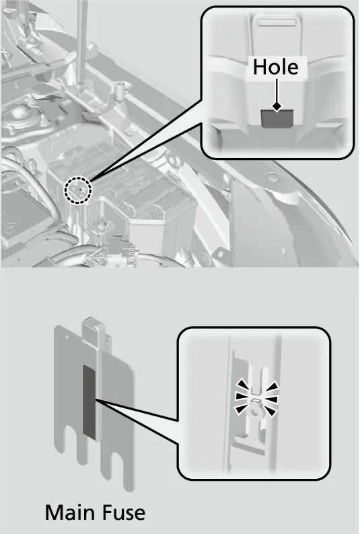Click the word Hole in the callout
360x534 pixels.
click(x=275, y=67)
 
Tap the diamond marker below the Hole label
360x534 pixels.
click(x=277, y=106)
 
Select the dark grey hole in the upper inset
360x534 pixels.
click(x=277, y=118)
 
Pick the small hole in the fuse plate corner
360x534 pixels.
click(x=68, y=338)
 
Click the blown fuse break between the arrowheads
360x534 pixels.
click(x=256, y=397)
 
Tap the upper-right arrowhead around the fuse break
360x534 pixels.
click(x=273, y=387)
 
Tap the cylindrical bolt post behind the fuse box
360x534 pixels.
click(x=120, y=90)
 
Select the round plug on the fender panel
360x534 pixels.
click(x=272, y=177)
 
